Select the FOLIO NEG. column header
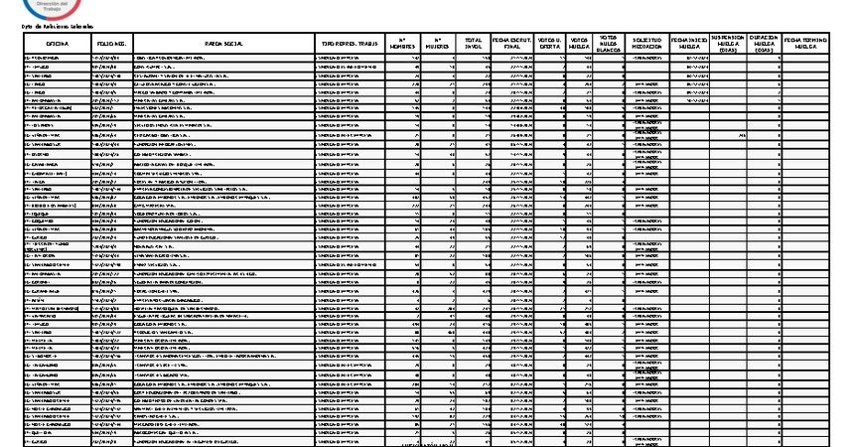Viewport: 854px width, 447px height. coord(111,44)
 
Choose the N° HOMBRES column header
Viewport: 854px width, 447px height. coord(403,44)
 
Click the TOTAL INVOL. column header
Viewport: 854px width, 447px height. coord(474,44)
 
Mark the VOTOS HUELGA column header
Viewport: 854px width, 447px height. coord(580,44)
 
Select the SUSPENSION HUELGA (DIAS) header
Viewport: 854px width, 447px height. coord(728,44)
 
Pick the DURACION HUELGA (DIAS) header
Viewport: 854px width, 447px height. coord(763,44)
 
